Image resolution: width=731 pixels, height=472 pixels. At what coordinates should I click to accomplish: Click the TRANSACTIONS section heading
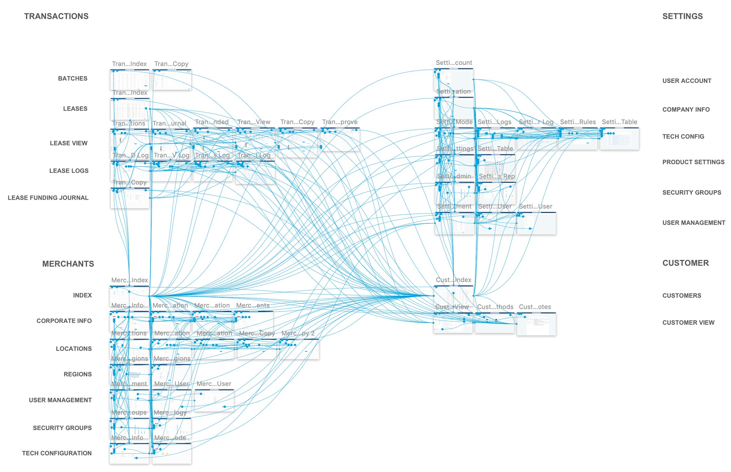click(56, 16)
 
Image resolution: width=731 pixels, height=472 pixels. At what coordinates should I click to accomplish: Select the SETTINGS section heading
click(682, 16)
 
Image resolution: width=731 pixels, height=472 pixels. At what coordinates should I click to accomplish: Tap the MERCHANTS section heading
click(68, 264)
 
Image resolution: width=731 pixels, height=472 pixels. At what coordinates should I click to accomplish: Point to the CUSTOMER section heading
click(686, 263)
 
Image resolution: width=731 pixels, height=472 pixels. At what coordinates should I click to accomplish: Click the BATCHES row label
click(72, 79)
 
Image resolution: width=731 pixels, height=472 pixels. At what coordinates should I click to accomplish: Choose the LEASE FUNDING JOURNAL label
click(48, 198)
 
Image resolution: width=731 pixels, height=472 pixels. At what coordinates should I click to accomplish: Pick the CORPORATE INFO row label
click(64, 321)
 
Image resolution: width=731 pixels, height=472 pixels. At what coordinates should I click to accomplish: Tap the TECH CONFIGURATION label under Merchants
click(57, 453)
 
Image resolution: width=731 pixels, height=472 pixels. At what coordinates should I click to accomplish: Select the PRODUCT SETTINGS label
click(693, 162)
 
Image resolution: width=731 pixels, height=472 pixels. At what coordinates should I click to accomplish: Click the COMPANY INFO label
click(686, 109)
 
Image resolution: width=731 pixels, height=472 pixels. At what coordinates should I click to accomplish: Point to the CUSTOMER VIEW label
click(688, 323)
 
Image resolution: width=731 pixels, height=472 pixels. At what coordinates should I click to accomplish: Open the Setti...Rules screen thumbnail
click(578, 139)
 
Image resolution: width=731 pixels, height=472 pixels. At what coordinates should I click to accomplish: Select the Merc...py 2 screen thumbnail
click(299, 349)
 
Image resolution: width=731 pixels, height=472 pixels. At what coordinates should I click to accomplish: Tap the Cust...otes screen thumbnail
click(536, 324)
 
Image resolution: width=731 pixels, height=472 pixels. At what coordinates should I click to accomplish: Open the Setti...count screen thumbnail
click(454, 79)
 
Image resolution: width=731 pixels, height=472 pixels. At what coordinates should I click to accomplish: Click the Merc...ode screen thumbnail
click(172, 454)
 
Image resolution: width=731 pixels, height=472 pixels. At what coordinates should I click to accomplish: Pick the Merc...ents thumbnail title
click(253, 305)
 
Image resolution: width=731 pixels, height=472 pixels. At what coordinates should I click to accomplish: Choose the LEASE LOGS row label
click(69, 171)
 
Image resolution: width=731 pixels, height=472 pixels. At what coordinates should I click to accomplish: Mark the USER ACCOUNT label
click(687, 81)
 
